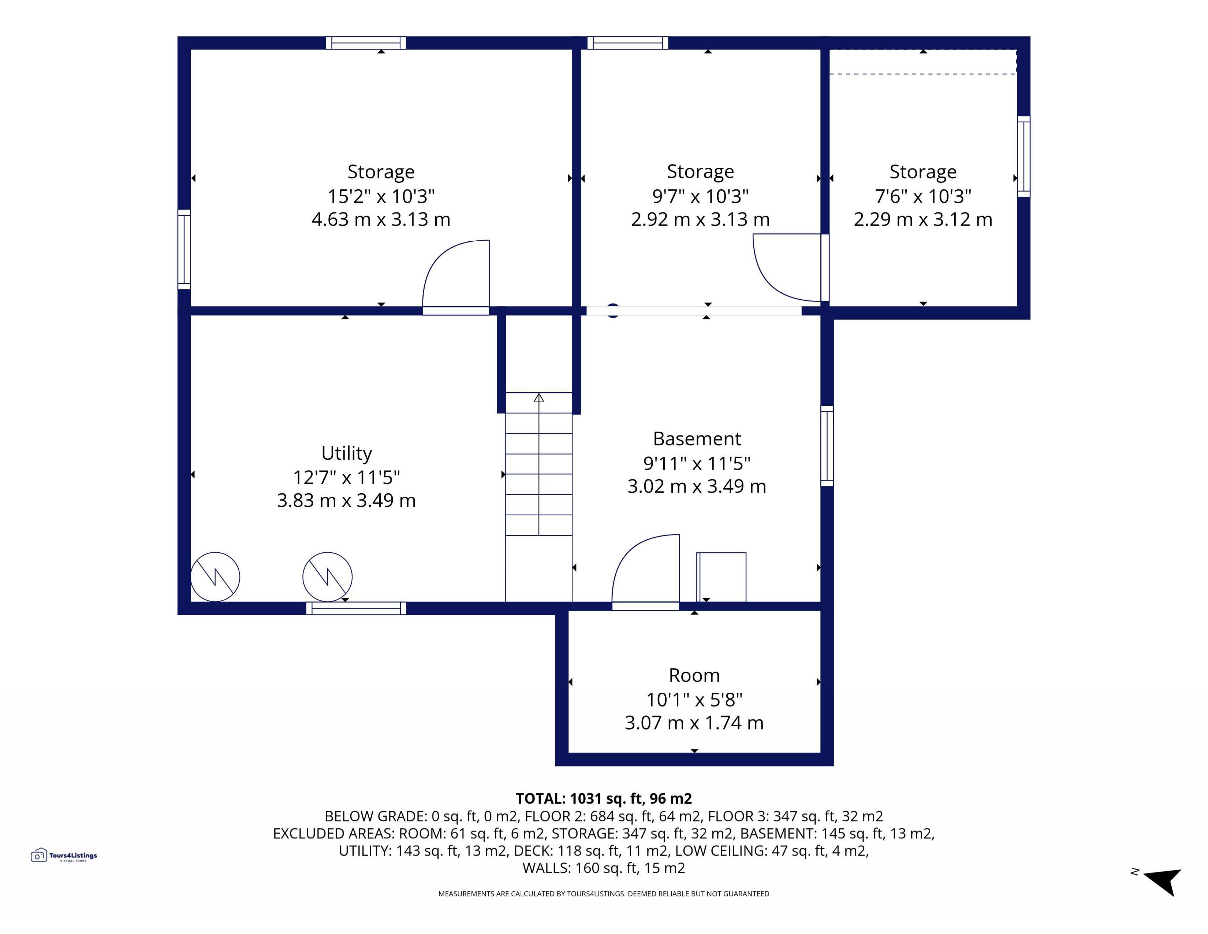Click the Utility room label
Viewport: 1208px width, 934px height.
coord(347,453)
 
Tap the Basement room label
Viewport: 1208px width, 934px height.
coord(697,439)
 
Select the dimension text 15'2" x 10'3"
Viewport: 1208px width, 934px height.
coord(381,196)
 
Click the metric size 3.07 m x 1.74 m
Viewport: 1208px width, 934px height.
coord(694,723)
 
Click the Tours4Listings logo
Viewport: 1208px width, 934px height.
coord(64,855)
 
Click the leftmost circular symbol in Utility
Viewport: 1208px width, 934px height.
coord(215,577)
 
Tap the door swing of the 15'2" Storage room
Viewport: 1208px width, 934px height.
coord(456,274)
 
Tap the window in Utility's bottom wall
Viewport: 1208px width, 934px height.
coord(356,608)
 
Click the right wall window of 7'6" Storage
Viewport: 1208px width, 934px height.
coord(1024,157)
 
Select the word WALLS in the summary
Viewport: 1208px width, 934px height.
coord(545,868)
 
